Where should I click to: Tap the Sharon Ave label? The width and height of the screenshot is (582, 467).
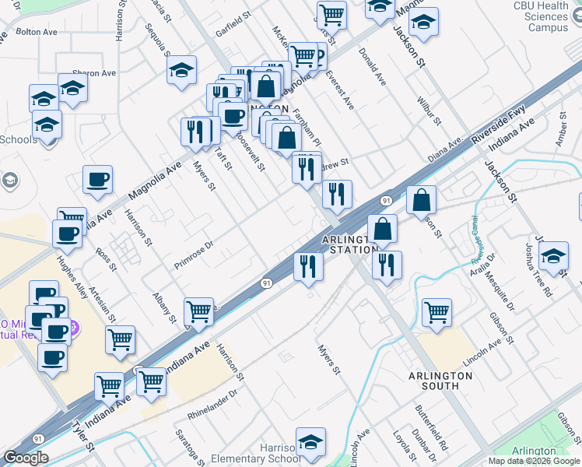[93, 73]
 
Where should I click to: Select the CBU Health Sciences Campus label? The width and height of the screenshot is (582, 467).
[542, 17]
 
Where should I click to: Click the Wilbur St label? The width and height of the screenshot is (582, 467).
[429, 112]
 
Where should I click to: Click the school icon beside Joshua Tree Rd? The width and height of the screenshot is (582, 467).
[553, 256]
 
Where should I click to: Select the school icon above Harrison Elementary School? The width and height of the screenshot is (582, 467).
[310, 441]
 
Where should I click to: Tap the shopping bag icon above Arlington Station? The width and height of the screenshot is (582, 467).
[382, 229]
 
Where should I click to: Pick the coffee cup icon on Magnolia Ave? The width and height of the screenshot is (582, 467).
[98, 179]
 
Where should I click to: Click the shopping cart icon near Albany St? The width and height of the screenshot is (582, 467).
[199, 311]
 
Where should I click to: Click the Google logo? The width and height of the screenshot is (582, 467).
[26, 458]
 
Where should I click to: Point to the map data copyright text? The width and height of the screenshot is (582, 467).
[535, 461]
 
